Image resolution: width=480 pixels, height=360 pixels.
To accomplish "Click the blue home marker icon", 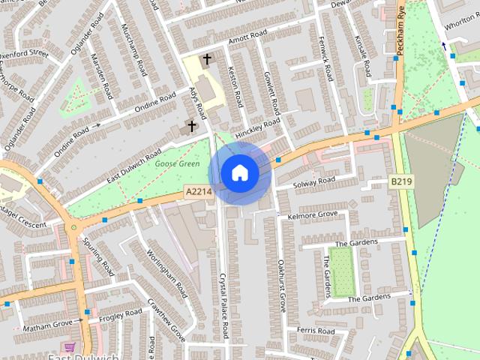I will point(240,173).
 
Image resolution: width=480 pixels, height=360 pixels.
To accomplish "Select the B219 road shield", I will point(401,181).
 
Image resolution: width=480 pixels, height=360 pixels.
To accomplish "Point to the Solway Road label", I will point(314,181).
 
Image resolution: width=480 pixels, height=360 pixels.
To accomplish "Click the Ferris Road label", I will point(315,330).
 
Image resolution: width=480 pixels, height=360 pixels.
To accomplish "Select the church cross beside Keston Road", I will point(207,58).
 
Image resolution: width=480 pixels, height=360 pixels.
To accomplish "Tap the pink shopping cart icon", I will point(70,347).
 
